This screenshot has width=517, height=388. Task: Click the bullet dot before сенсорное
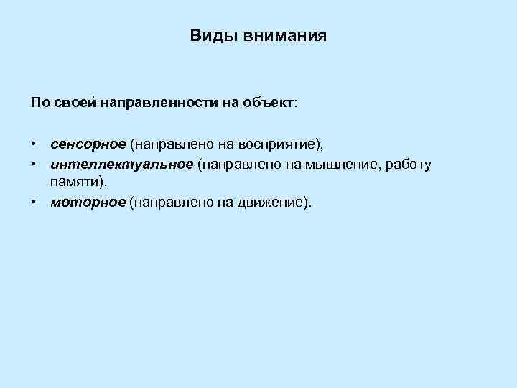click(34, 145)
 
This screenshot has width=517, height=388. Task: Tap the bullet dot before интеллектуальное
click(34, 165)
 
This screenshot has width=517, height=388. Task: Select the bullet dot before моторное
click(34, 203)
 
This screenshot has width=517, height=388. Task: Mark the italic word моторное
click(88, 203)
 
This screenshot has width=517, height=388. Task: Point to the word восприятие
click(275, 145)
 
